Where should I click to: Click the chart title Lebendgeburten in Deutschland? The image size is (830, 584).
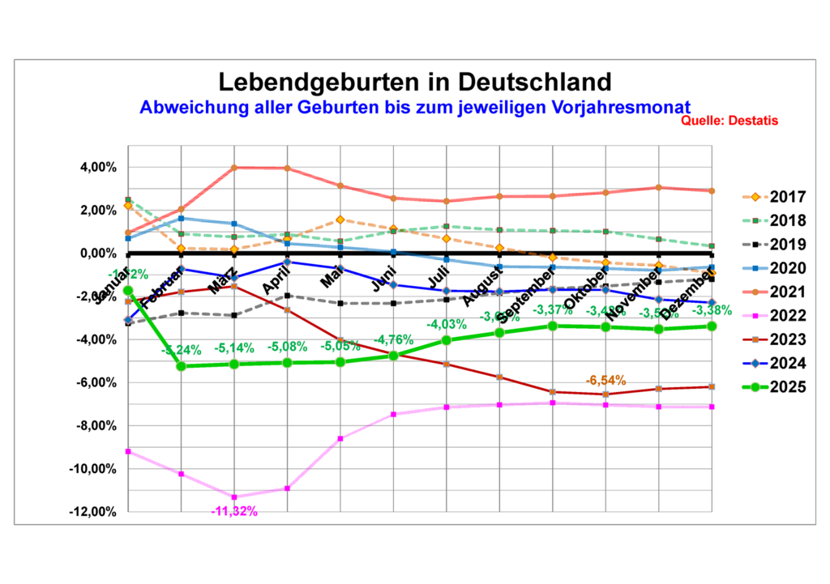point(414,82)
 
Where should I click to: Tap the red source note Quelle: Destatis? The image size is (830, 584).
point(729,121)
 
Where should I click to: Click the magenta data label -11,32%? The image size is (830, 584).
point(233,511)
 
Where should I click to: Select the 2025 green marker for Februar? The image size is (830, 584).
point(181,366)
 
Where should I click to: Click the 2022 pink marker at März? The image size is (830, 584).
point(234,497)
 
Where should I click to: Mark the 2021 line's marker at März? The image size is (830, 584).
point(234,168)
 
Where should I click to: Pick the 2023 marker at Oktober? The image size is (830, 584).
point(605,394)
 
